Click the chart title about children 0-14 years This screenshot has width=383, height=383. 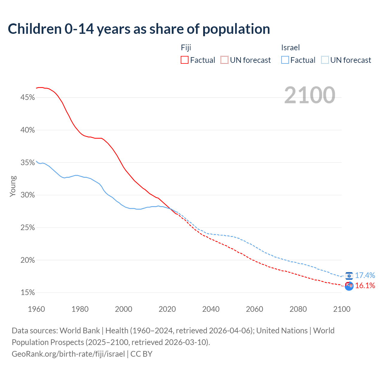139,29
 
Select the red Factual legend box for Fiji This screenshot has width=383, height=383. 185,60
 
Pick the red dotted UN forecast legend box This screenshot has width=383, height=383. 224,60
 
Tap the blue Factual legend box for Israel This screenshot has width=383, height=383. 285,60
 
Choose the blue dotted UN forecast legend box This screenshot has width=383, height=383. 325,60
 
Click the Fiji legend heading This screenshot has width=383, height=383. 186,48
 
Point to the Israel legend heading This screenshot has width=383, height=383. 290,48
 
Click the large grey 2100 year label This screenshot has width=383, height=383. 309,95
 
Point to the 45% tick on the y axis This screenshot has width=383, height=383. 28,98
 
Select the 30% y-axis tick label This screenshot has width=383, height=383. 28,195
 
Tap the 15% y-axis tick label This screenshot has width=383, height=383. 28,293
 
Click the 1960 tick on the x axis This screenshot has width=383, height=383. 36,309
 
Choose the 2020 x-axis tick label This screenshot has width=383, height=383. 167,309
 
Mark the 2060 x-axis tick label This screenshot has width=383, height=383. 254,309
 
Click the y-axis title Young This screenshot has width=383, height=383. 13,186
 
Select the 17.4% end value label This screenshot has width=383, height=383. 365,275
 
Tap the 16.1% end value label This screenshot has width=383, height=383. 365,286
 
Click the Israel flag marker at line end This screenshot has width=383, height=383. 349,276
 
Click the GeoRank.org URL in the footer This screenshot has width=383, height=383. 68,354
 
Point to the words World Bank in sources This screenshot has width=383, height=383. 80,331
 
